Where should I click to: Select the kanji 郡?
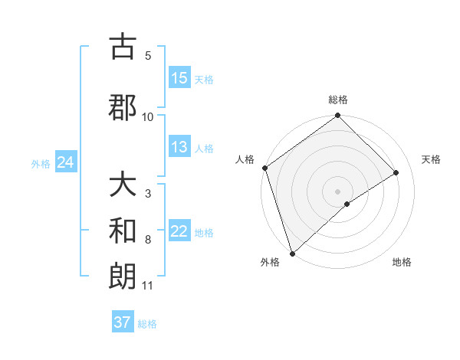pos(123,106)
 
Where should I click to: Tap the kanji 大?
pos(123,185)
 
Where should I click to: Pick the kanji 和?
pos(123,230)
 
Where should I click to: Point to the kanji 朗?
pos(123,276)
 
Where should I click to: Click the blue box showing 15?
pos(179,78)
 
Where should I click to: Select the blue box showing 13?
pos(179,147)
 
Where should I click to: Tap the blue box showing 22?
pos(179,231)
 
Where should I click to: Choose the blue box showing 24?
pos(65,162)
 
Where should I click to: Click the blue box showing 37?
pos(123,322)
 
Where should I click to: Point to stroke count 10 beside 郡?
pos(148,116)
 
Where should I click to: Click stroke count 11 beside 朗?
pos(148,286)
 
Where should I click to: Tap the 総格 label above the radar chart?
pos(338,100)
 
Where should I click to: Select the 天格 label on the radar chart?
pos(431,159)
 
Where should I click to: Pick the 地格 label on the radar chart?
pos(402,262)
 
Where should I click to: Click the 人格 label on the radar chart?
pos(245,159)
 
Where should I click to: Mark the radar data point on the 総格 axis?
pos(338,116)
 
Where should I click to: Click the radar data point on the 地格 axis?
pos(347,204)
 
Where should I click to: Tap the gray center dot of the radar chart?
pos(338,191)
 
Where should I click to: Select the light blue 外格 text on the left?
pos(41,163)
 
